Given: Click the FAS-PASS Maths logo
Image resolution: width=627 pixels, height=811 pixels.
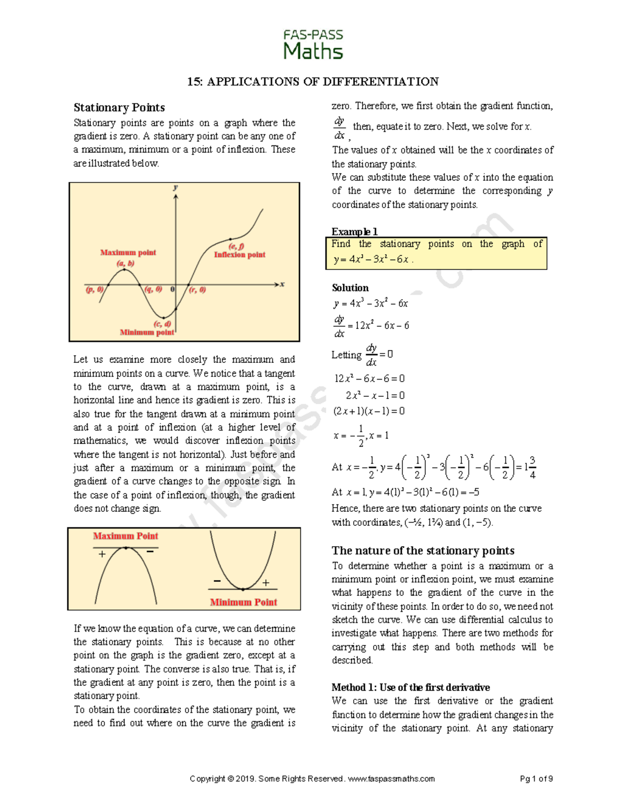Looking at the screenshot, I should click(x=313, y=44).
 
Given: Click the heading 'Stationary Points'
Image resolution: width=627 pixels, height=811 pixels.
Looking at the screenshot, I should click(x=119, y=108).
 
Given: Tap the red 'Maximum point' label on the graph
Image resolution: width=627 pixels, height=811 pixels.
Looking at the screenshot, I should click(x=128, y=253).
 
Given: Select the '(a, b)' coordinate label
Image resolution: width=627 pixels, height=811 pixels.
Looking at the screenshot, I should click(x=125, y=263).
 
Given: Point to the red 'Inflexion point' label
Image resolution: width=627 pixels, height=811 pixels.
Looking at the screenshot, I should click(x=239, y=255).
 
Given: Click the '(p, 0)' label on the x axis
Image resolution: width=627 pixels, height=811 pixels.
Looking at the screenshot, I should click(x=95, y=289).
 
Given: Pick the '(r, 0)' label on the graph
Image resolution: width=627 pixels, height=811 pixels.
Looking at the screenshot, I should click(x=198, y=290).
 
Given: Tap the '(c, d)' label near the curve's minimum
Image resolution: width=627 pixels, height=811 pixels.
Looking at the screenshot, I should click(x=162, y=324).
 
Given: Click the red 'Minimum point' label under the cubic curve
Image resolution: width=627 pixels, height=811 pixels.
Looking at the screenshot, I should click(x=147, y=332).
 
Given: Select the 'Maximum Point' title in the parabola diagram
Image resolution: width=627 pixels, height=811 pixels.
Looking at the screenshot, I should click(x=125, y=536).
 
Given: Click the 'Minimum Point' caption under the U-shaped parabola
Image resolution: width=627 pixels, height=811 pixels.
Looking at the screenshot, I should click(x=243, y=602).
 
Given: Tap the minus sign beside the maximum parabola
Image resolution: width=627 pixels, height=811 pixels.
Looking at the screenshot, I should click(x=150, y=551).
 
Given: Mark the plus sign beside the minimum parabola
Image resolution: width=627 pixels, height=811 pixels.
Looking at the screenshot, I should click(x=266, y=583).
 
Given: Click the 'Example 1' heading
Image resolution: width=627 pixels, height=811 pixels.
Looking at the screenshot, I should click(x=354, y=231).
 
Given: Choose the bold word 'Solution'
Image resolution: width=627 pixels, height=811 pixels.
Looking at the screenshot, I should click(x=350, y=288).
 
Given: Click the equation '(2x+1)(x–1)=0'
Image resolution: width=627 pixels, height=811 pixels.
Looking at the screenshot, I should click(x=369, y=411).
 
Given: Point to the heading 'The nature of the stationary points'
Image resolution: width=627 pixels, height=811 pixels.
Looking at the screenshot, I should click(x=423, y=550).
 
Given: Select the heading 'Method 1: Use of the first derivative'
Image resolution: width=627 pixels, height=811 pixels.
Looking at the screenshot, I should click(x=411, y=687).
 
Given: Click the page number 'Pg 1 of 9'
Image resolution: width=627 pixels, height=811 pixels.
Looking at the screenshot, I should click(x=536, y=779).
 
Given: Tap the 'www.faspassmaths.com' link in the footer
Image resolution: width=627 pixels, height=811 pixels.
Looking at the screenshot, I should click(x=391, y=779).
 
